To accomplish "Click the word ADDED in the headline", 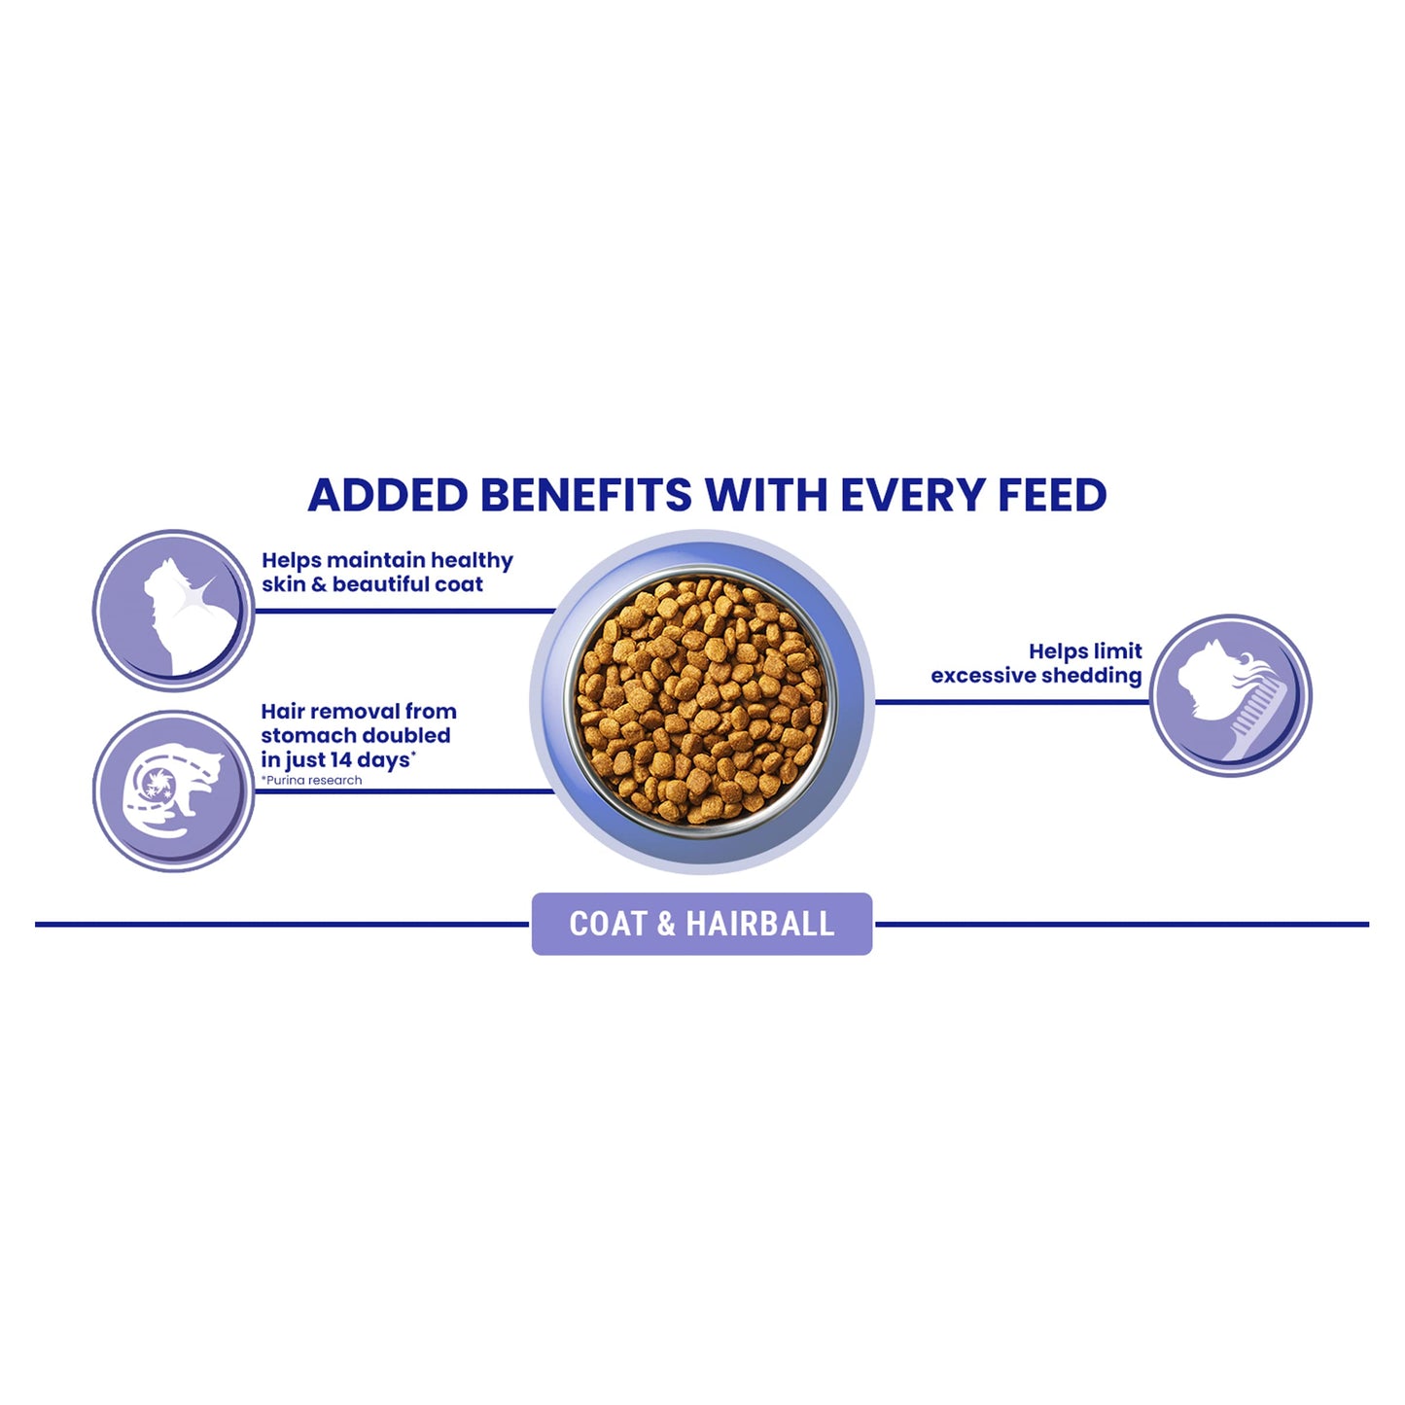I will [388, 495].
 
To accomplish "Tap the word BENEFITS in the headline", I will [586, 495].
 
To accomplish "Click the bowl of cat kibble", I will [701, 701].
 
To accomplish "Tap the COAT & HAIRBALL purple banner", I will [701, 924].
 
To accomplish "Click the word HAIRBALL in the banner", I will [759, 924].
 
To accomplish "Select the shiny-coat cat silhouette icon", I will [174, 611].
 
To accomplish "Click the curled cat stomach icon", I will [174, 790].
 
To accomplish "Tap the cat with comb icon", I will [1230, 695].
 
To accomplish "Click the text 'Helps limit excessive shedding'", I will [1036, 663].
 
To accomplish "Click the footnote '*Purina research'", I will [311, 781].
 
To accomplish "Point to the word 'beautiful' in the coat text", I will [381, 584].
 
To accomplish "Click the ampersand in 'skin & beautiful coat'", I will [318, 585].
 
